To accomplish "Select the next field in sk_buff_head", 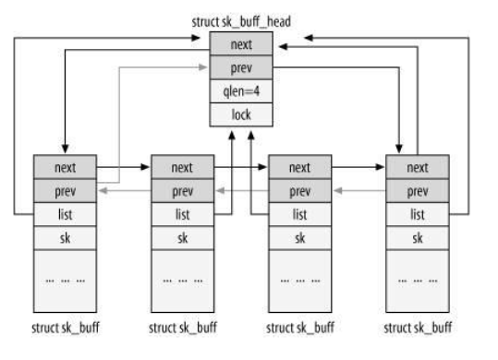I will click(240, 43).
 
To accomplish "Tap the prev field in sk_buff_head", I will click(240, 67).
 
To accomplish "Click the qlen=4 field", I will click(240, 91).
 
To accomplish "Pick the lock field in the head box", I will click(240, 115).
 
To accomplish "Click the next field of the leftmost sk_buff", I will click(65, 168).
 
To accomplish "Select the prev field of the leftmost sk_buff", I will click(65, 191).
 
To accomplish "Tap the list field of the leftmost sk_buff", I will click(65, 214).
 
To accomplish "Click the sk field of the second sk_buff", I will click(181, 237).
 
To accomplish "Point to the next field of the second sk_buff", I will click(181, 168).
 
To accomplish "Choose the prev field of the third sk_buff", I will click(299, 191).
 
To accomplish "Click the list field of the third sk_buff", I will click(299, 214).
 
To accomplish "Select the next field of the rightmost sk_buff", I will click(418, 168).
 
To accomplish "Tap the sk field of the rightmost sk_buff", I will click(418, 237).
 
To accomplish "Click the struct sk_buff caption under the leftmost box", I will click(65, 328).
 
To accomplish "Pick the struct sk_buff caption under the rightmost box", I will click(418, 328).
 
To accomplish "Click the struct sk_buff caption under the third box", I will click(299, 328).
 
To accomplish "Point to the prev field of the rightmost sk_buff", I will click(418, 191).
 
